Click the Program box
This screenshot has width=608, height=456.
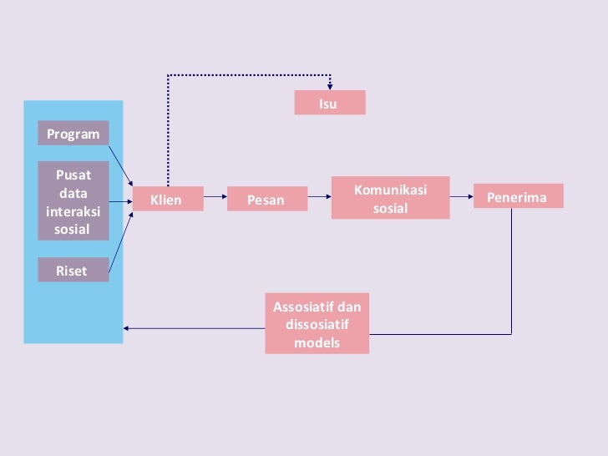(73, 134)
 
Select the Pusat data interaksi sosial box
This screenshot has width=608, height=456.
(73, 201)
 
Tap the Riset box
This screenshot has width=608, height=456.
(73, 270)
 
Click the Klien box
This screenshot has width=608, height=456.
(167, 200)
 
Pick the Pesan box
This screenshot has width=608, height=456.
(266, 200)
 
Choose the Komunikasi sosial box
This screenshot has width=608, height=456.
(390, 199)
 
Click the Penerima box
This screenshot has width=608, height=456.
(518, 197)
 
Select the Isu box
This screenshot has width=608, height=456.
(329, 104)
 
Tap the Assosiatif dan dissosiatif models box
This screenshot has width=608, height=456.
(317, 323)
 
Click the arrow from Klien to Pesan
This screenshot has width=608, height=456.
(215, 198)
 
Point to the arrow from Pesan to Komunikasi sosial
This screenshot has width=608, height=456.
(319, 198)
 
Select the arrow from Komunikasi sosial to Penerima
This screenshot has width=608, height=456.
(461, 197)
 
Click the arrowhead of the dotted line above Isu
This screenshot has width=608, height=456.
(331, 85)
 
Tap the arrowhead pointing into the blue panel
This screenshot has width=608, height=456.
(127, 327)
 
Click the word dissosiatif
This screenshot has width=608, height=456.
(317, 324)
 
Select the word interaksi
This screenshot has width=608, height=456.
(73, 210)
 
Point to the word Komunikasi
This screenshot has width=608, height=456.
(390, 190)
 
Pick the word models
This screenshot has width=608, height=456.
(317, 342)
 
